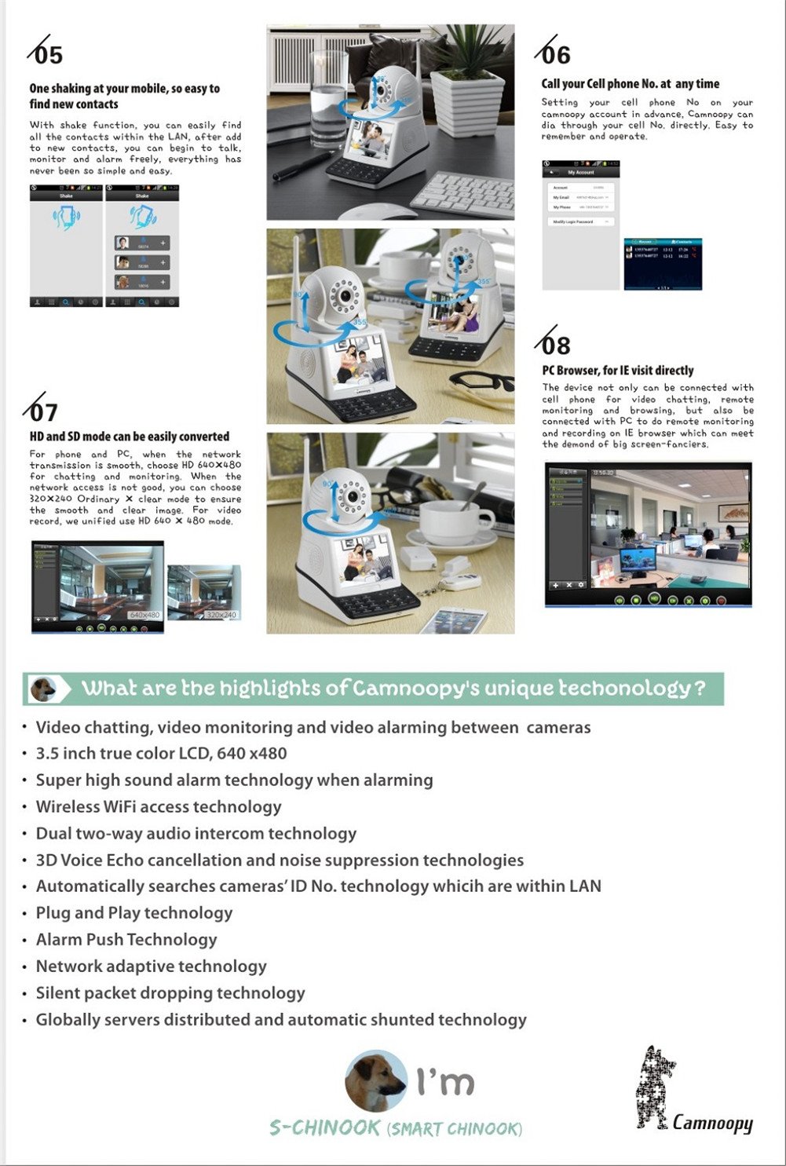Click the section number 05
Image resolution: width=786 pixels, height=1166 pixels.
click(x=47, y=55)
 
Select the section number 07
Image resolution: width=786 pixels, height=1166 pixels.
click(x=44, y=412)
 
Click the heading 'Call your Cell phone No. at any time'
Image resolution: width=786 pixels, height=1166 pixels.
click(x=630, y=84)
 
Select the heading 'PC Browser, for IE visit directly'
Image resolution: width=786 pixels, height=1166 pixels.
click(x=618, y=371)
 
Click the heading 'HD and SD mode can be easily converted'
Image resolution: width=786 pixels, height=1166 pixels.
click(x=130, y=437)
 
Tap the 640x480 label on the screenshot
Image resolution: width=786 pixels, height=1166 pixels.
click(x=144, y=615)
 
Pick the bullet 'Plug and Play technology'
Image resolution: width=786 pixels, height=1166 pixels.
click(x=134, y=913)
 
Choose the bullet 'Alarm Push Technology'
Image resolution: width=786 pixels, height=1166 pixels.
click(x=126, y=940)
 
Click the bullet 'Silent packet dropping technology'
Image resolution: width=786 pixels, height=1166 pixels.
click(x=170, y=993)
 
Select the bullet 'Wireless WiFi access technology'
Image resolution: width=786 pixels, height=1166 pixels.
click(x=159, y=807)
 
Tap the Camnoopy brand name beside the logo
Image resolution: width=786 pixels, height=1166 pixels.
click(x=712, y=1123)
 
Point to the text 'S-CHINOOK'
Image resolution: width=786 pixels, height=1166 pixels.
click(x=325, y=1128)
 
